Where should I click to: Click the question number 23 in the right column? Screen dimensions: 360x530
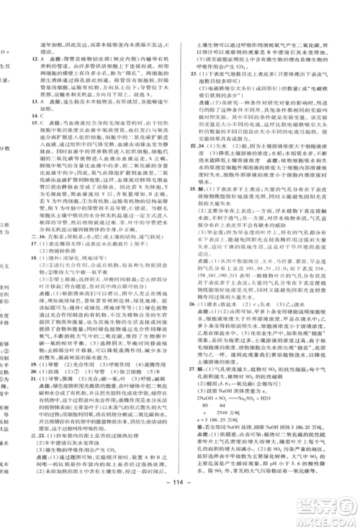(193, 73)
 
